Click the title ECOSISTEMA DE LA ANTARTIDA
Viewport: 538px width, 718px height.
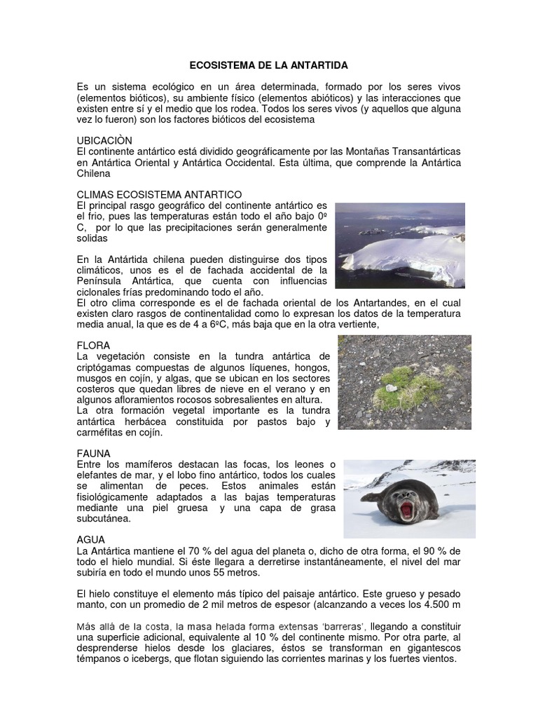click(269, 65)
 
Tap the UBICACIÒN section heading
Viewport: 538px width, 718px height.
click(104, 141)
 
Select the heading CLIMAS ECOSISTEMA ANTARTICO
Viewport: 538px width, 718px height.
click(159, 194)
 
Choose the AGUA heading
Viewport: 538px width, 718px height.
click(91, 540)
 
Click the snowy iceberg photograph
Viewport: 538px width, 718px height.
click(399, 245)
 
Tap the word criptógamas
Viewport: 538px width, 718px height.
click(106, 368)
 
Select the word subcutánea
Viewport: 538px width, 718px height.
click(104, 520)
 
